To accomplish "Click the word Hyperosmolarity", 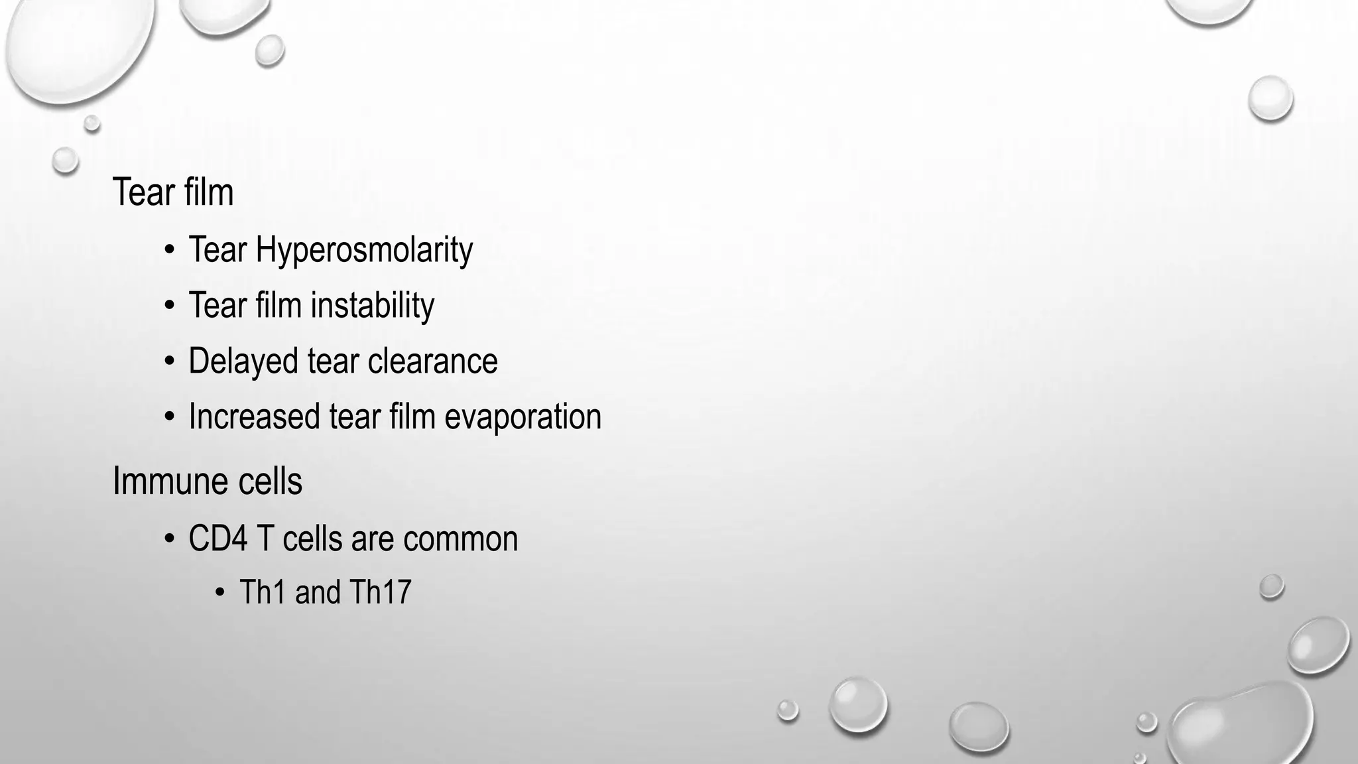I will tap(364, 250).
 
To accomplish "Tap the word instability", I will tap(372, 306).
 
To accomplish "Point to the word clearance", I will tap(432, 361).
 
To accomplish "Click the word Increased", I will tap(254, 416).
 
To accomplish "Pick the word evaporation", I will tap(523, 416).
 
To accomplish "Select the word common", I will tap(460, 538).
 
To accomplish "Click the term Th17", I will tap(380, 592).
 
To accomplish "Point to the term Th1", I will tap(263, 592).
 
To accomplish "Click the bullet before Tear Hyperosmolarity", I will tap(170, 251).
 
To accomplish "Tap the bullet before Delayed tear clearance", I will tap(170, 362).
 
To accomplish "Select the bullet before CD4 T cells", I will tap(170, 539).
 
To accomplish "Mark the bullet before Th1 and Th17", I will tap(220, 592).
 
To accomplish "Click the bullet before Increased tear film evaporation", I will tap(170, 418).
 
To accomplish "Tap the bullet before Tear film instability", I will tap(170, 306).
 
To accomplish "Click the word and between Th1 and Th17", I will tap(317, 592).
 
